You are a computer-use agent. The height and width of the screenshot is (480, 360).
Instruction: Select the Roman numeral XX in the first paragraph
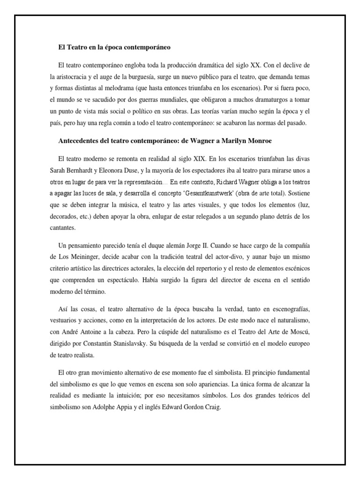coord(275,64)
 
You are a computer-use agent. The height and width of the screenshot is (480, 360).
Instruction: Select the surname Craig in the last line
coord(210,407)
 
